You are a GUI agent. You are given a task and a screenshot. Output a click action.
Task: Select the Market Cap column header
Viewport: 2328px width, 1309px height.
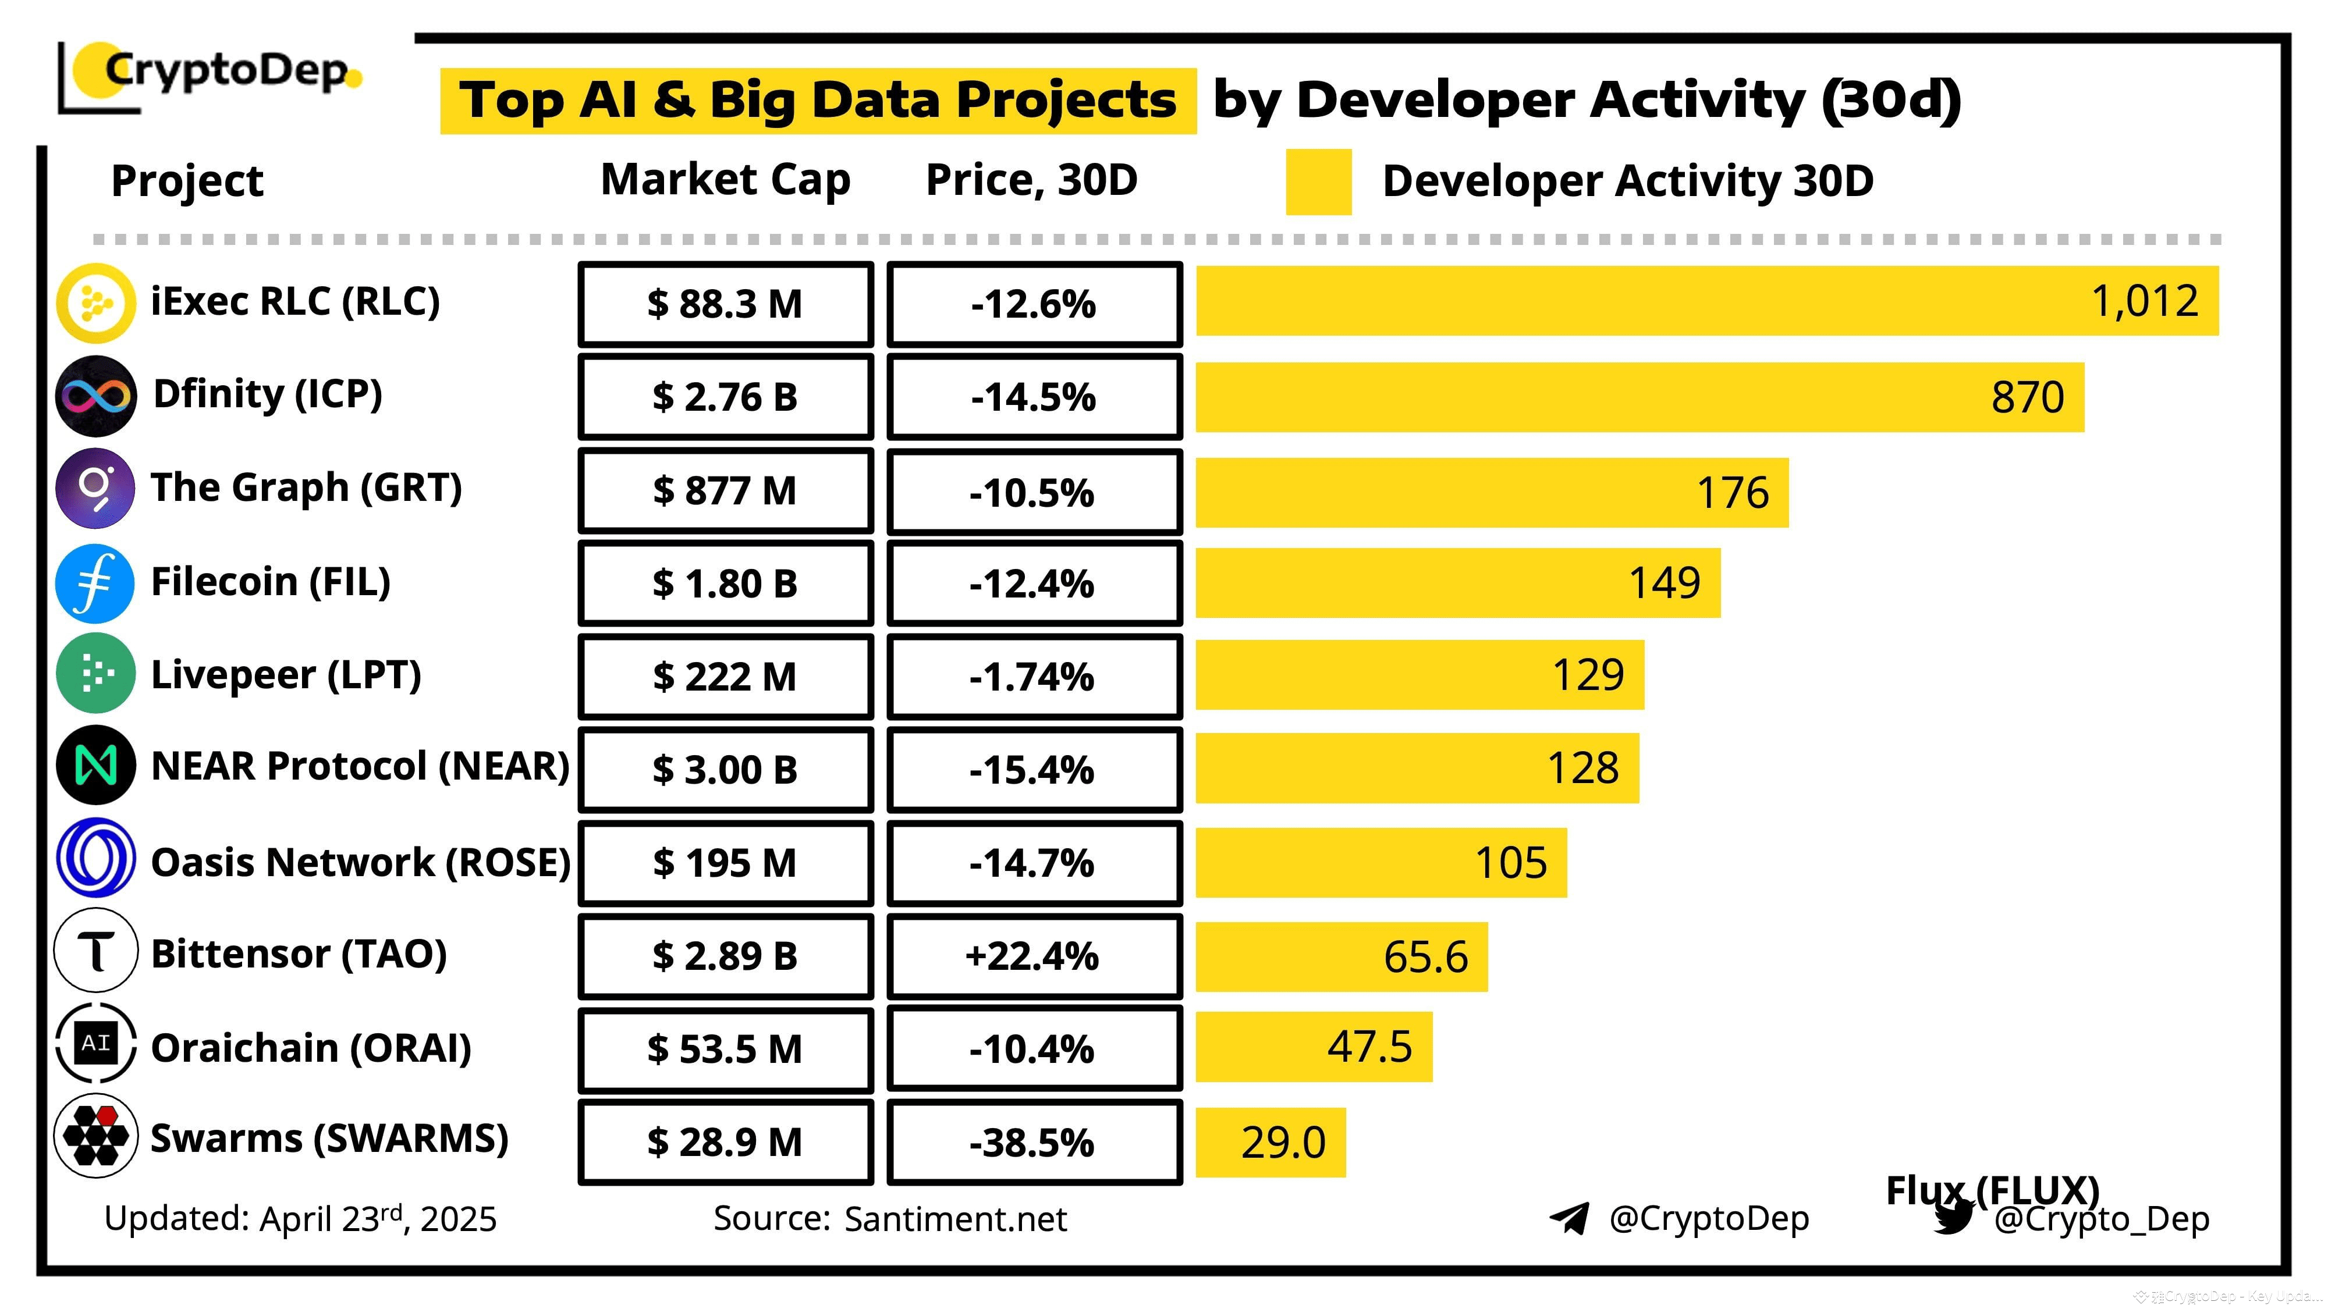pyautogui.click(x=725, y=180)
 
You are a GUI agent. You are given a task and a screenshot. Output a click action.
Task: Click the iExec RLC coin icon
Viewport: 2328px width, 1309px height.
pyautogui.click(x=96, y=303)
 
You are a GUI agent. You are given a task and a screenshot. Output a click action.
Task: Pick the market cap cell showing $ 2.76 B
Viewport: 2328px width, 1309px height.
pyautogui.click(x=725, y=397)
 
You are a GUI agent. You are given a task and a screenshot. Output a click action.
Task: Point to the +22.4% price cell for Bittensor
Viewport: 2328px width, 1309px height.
pyautogui.click(x=1034, y=956)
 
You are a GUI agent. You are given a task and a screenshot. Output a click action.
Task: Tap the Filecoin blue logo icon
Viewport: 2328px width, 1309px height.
pyautogui.click(x=96, y=584)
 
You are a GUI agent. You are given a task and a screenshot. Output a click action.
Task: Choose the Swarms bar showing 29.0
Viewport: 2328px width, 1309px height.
pyautogui.click(x=1270, y=1142)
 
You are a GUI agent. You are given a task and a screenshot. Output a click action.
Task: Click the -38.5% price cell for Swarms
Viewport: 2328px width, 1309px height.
pyautogui.click(x=1034, y=1142)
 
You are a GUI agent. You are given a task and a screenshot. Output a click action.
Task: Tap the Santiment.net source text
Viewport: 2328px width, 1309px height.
pyautogui.click(x=955, y=1219)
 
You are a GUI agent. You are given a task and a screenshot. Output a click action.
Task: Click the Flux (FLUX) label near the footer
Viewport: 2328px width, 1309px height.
pyautogui.click(x=1992, y=1190)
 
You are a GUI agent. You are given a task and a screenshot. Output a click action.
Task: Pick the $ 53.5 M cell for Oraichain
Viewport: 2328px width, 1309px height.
pyautogui.click(x=725, y=1049)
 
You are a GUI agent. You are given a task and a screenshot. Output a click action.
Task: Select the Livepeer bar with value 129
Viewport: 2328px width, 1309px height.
pyautogui.click(x=1419, y=675)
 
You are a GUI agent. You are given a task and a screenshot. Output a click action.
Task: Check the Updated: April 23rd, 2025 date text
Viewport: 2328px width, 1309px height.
pyautogui.click(x=300, y=1219)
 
